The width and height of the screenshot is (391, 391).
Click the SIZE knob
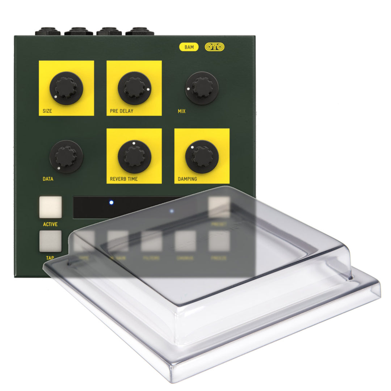[66, 88]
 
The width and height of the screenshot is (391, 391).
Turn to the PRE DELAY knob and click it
[134, 88]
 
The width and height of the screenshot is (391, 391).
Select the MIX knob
[202, 88]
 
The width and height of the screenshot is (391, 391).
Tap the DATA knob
[66, 156]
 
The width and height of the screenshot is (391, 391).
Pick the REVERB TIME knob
[134, 156]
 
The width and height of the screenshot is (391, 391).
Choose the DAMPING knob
[202, 156]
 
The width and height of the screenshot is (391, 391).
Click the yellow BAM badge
[189, 47]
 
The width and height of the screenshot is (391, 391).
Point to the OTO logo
[214, 47]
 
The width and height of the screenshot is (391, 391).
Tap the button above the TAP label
[50, 241]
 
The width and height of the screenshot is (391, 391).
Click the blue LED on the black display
[111, 202]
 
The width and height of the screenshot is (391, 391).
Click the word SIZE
[47, 111]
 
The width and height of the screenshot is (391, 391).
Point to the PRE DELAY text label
[122, 111]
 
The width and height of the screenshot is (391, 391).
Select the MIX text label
[182, 111]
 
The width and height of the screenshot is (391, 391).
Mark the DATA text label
[48, 179]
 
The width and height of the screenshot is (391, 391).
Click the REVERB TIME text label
[124, 179]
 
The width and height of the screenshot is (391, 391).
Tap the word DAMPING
[188, 179]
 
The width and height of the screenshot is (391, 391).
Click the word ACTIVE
[50, 224]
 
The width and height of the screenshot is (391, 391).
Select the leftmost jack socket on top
[47, 32]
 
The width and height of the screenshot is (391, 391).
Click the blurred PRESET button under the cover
[219, 207]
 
